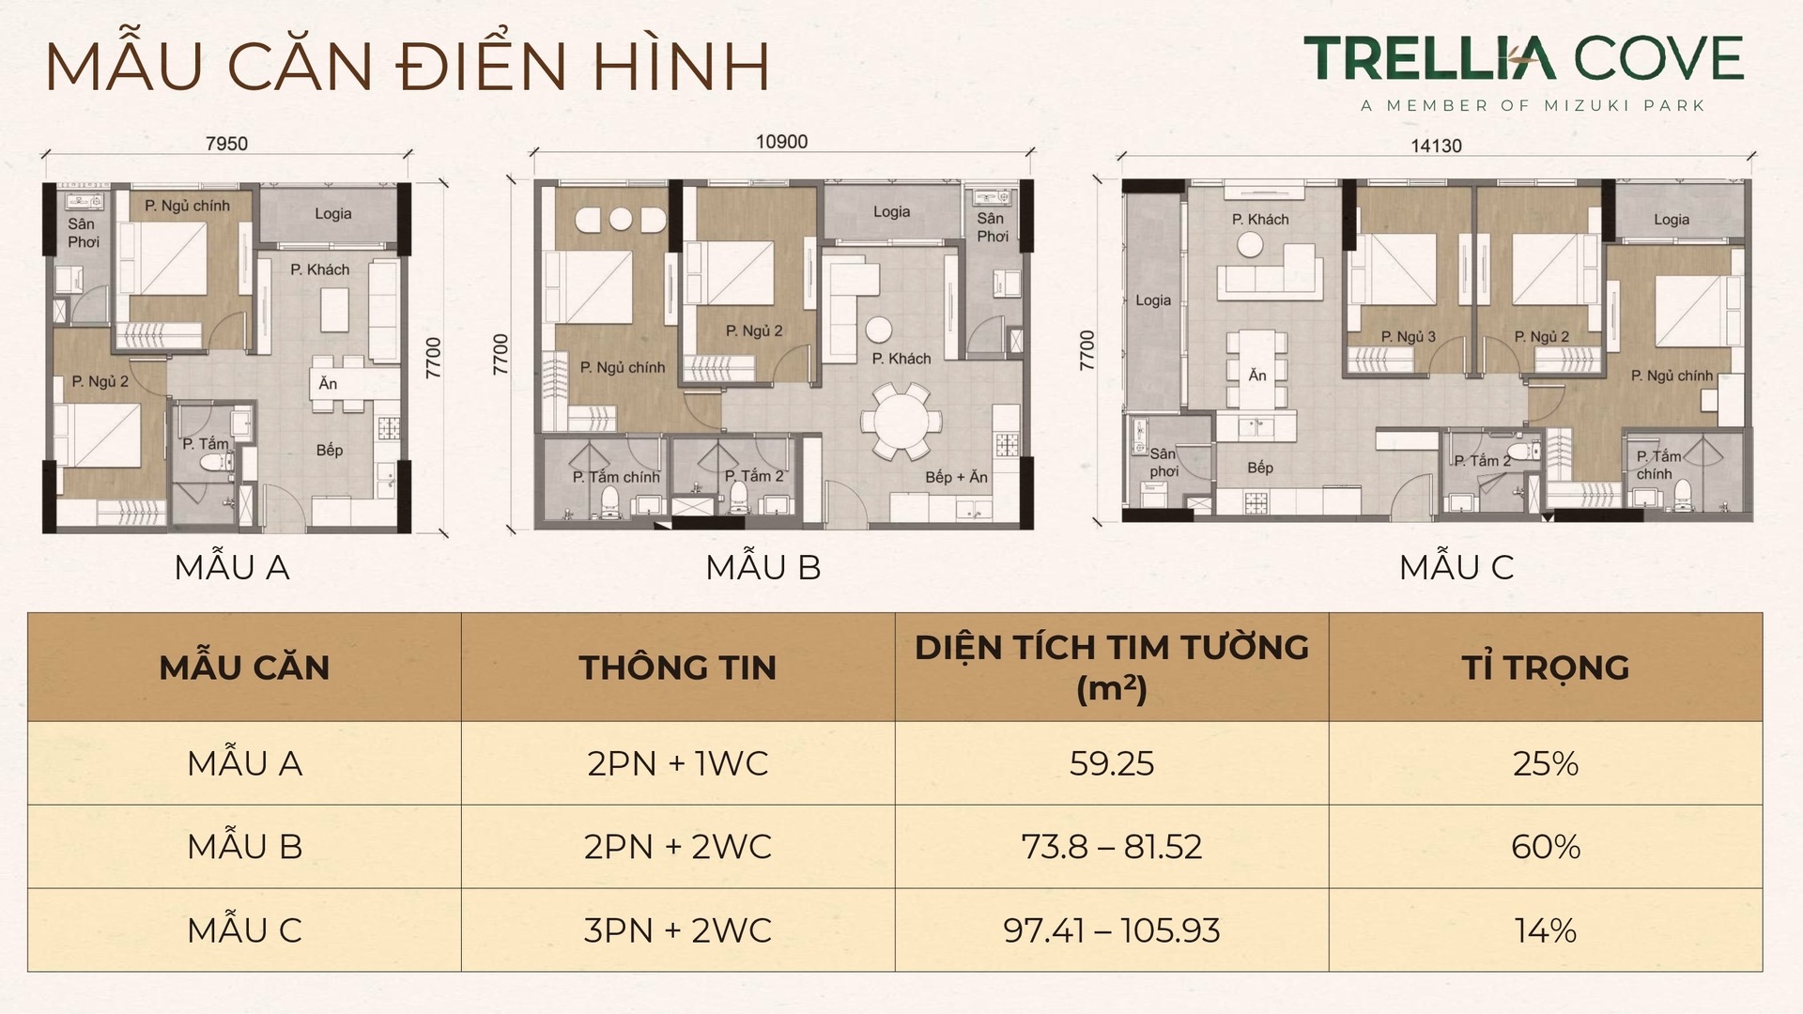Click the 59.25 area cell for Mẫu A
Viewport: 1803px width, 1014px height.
point(1111,763)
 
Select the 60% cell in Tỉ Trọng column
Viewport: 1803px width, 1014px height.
point(1545,847)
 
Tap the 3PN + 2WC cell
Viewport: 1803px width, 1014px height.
point(677,930)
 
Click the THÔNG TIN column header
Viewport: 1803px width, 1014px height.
point(677,668)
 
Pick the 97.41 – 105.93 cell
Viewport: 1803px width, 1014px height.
point(1111,930)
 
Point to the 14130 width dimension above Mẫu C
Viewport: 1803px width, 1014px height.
point(1436,146)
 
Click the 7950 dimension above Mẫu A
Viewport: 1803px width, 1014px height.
point(226,144)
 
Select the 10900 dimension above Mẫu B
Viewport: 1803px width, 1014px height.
point(781,142)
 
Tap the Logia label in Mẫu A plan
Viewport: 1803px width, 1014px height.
point(332,214)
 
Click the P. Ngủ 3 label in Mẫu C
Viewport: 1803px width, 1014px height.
point(1408,336)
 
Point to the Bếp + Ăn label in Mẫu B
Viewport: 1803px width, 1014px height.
point(956,477)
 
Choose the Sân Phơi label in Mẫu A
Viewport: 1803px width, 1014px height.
point(82,233)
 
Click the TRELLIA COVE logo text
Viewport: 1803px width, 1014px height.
point(1523,59)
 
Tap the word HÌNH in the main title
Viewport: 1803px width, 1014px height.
point(684,66)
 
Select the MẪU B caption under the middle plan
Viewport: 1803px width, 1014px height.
point(763,567)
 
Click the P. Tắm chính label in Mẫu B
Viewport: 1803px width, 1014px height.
point(616,477)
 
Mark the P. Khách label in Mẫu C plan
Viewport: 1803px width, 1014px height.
point(1260,219)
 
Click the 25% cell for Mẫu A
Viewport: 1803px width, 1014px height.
point(1545,763)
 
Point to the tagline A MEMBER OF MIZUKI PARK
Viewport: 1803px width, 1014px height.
point(1533,106)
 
